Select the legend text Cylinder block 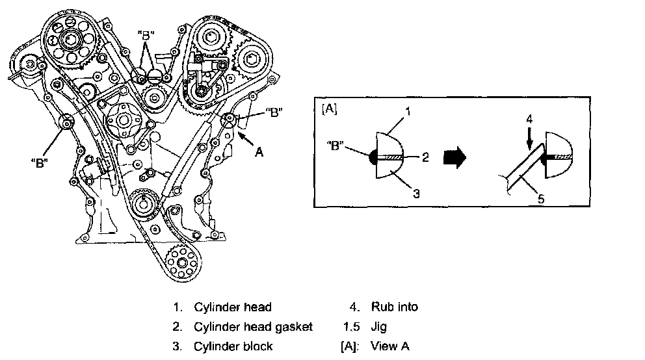(x=233, y=346)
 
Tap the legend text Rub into (x=395, y=307)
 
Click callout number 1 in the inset (x=407, y=111)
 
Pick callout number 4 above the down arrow (x=529, y=119)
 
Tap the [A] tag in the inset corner (x=328, y=109)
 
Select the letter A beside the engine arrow (x=259, y=153)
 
